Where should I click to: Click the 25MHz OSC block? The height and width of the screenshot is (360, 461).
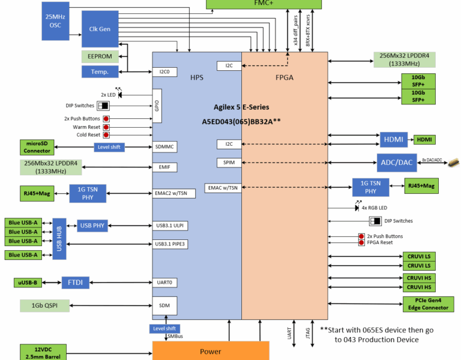coord(56,21)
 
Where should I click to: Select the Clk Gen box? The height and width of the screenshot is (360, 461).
coord(100,29)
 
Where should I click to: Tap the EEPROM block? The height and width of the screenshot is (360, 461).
coord(100,56)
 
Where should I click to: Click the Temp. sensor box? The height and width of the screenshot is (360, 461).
coord(100,72)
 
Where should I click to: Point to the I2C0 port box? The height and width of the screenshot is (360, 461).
coord(164,72)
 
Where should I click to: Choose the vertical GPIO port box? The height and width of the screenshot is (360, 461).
coord(157,106)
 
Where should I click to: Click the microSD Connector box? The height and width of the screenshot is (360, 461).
coord(37,147)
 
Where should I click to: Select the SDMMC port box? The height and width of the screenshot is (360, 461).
coord(164,147)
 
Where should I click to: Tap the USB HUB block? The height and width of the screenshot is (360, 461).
coord(59,239)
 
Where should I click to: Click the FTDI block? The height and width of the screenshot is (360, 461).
coord(75,283)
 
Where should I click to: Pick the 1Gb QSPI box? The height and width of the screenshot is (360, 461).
coord(44,305)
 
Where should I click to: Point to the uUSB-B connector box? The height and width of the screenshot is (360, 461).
coord(28,283)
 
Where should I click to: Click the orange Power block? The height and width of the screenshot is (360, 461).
coord(211,351)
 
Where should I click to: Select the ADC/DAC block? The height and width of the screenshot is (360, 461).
coord(397,163)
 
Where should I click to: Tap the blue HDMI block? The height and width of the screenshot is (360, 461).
coord(394,140)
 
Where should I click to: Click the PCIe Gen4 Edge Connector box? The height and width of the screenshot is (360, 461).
coord(428,304)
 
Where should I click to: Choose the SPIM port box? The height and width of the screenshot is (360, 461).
coord(229,163)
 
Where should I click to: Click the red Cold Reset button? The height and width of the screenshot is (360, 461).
coord(106,135)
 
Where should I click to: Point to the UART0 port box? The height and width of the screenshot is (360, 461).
coord(164,283)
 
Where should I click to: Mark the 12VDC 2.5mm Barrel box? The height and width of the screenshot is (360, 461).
coord(43,352)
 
